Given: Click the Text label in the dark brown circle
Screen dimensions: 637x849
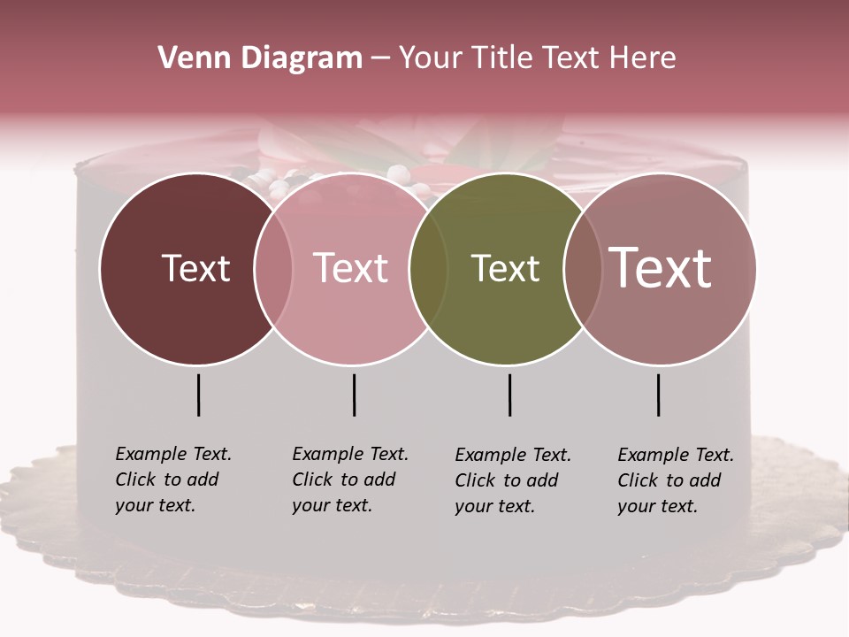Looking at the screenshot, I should [195, 268].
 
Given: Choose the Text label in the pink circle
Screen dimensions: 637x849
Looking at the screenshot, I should [351, 268].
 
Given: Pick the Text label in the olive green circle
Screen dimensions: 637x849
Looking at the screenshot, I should [505, 268].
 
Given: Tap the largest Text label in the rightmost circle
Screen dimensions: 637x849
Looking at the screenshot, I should [661, 268].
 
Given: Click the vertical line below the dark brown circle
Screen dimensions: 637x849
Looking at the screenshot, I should [198, 395].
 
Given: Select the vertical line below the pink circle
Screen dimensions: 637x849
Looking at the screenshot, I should [354, 395].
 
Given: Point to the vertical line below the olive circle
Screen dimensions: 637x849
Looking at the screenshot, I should [509, 395].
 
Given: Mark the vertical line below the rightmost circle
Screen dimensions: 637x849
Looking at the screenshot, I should [658, 395].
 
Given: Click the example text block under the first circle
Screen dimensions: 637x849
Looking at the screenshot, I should [172, 480].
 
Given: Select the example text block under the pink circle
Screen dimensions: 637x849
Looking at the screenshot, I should [349, 480].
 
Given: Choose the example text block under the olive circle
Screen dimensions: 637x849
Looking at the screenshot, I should [512, 480].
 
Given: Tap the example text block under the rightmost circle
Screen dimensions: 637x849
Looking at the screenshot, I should [675, 480].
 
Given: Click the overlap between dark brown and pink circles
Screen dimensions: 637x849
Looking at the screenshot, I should [273, 268].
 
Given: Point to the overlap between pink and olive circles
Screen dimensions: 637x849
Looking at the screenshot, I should [428, 268].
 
